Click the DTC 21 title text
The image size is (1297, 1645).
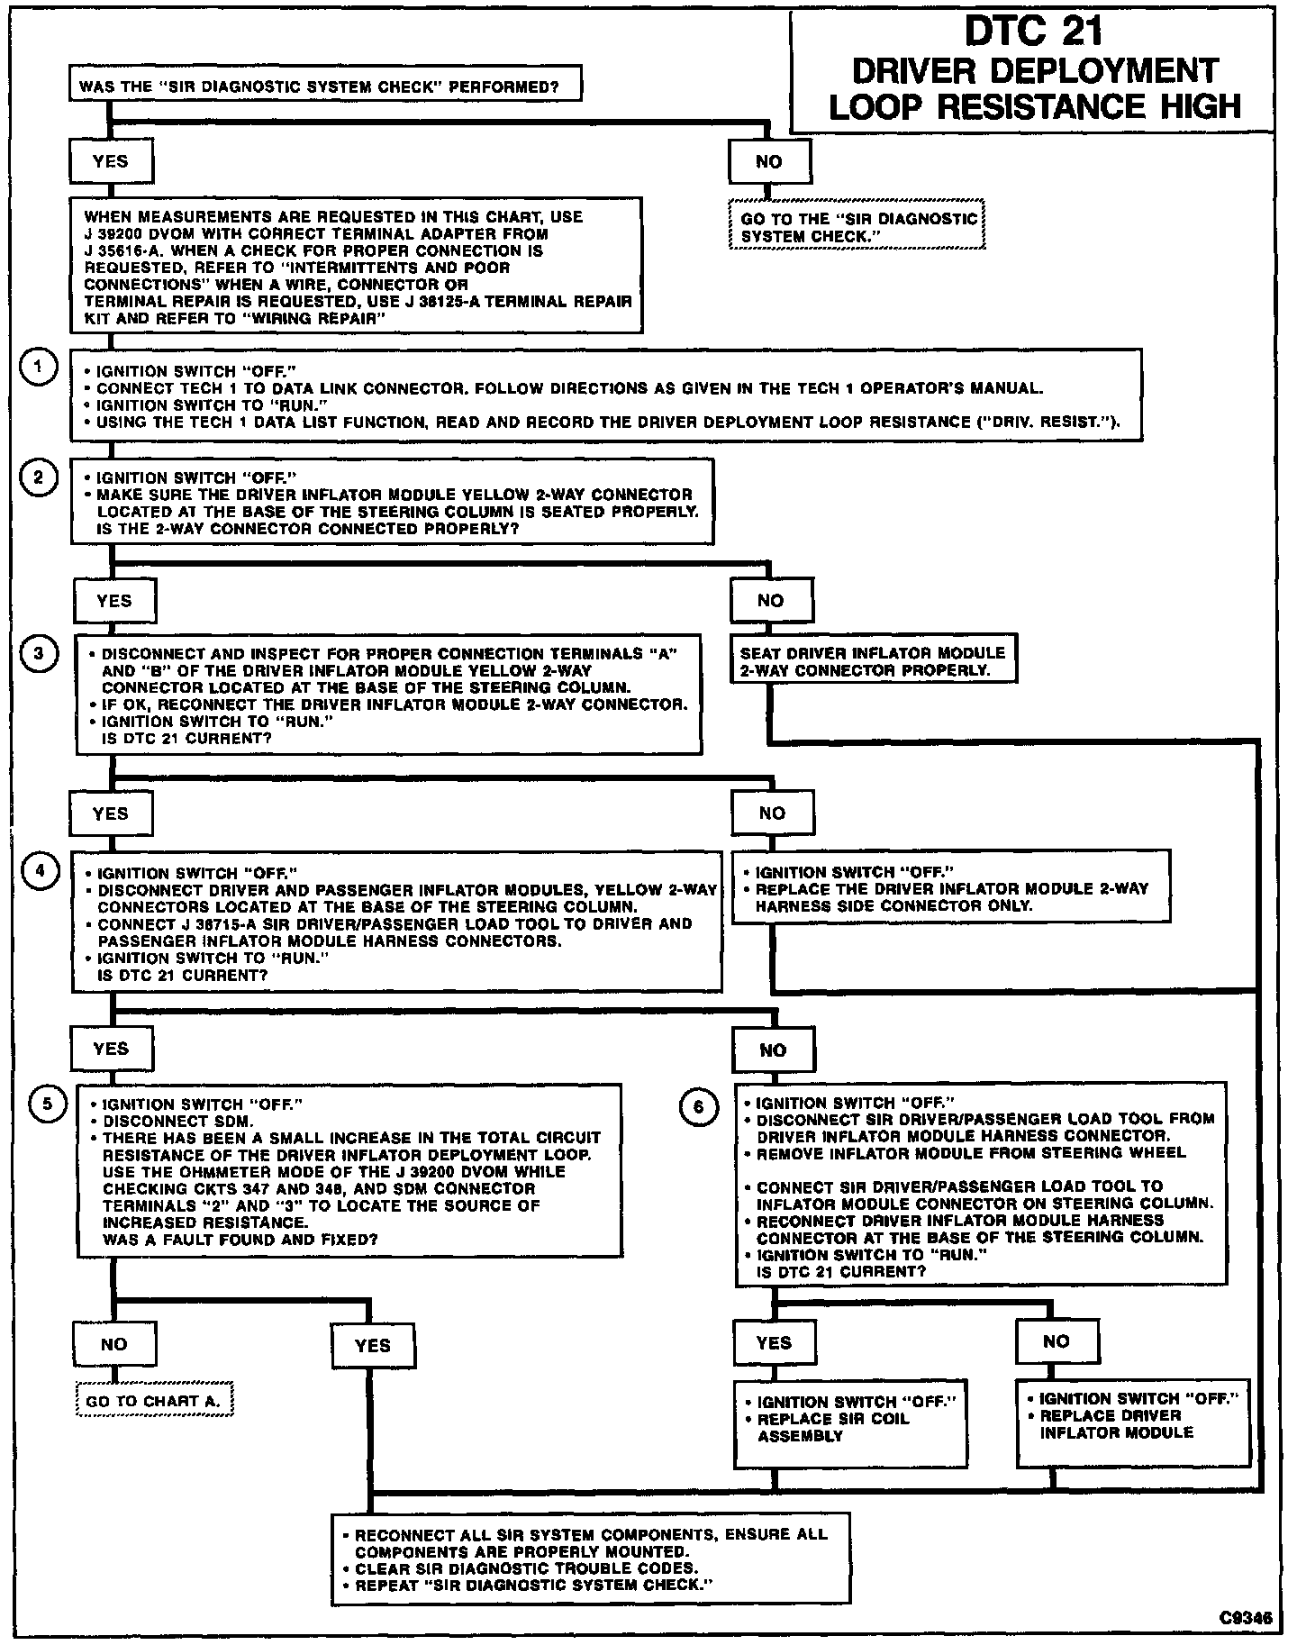(x=1034, y=32)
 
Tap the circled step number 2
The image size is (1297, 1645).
(x=39, y=477)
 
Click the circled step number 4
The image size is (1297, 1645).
(x=39, y=871)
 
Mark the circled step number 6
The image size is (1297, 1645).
(x=698, y=1106)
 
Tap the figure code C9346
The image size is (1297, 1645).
(x=1247, y=1618)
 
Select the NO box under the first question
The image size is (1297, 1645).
(x=769, y=162)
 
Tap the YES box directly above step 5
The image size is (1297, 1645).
(x=111, y=1049)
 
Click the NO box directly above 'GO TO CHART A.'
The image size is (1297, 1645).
(x=113, y=1345)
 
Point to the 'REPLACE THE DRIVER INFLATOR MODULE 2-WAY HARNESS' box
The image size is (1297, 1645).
(x=950, y=887)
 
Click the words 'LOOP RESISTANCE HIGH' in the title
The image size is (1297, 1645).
(x=1034, y=107)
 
